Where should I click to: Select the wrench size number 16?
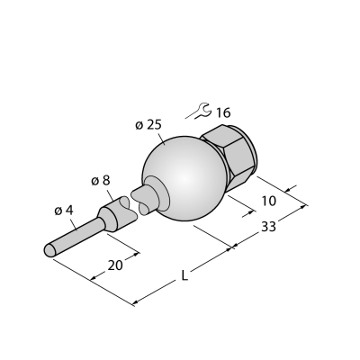pos(223,113)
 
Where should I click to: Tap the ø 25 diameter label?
pos(148,125)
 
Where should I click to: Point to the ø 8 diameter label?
pos(100,181)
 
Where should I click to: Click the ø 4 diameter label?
pos(64,211)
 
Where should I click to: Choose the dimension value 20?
pos(115,265)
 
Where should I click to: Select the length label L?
pos(184,275)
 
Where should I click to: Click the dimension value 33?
pos(268,227)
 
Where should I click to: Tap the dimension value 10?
pos(269,201)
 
